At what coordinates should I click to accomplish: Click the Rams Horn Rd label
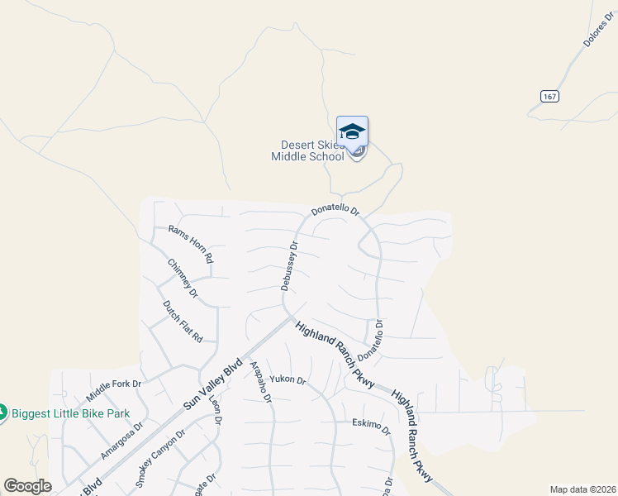point(191,244)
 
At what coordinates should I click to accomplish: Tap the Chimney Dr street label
point(183,278)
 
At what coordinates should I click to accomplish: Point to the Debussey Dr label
point(288,265)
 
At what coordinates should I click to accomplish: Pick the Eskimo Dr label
point(370,425)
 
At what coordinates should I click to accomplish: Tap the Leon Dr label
point(216,408)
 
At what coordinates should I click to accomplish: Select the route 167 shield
point(551,97)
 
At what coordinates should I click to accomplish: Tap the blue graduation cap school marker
point(353,132)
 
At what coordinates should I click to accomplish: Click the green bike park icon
point(2,412)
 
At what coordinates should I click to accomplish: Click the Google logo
point(27,486)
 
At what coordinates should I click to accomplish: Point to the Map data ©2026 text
point(582,489)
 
